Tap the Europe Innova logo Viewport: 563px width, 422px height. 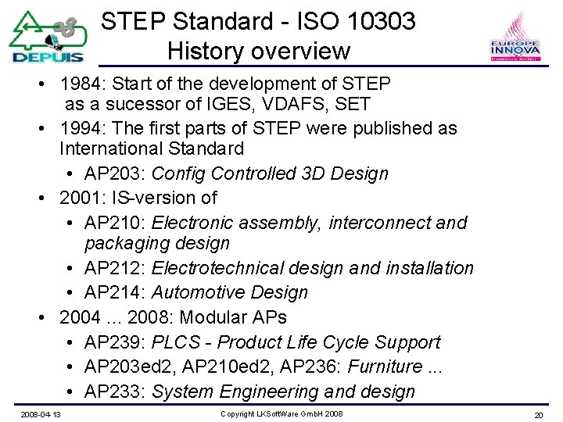514,39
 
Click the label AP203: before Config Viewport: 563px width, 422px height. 115,173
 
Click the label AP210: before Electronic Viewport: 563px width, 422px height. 115,223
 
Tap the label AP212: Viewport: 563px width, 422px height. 115,268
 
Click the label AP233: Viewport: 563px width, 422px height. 115,392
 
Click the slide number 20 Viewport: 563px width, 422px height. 538,414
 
